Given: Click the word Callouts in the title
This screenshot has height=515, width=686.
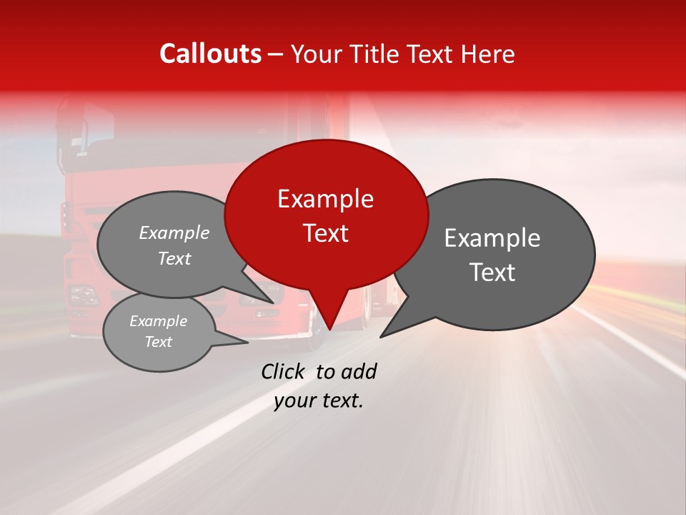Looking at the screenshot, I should pyautogui.click(x=211, y=54).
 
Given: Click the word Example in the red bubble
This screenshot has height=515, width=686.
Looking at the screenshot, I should pyautogui.click(x=325, y=199).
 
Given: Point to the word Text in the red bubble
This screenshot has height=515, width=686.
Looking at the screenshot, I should pyautogui.click(x=325, y=233).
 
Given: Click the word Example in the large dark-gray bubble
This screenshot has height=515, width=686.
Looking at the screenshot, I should pyautogui.click(x=492, y=238).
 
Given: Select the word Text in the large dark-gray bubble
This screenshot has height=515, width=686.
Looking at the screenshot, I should pyautogui.click(x=492, y=273).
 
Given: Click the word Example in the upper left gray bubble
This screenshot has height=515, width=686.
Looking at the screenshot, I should pyautogui.click(x=174, y=233).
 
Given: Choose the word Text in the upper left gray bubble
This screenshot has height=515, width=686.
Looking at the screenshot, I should pyautogui.click(x=174, y=259).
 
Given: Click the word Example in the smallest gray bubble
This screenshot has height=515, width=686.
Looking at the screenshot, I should pyautogui.click(x=159, y=321).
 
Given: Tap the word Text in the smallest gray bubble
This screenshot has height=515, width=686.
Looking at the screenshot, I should pyautogui.click(x=159, y=342).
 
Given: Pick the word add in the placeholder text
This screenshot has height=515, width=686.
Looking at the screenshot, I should pyautogui.click(x=358, y=371).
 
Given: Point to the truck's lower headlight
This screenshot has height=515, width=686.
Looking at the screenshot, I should pyautogui.click(x=84, y=295).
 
